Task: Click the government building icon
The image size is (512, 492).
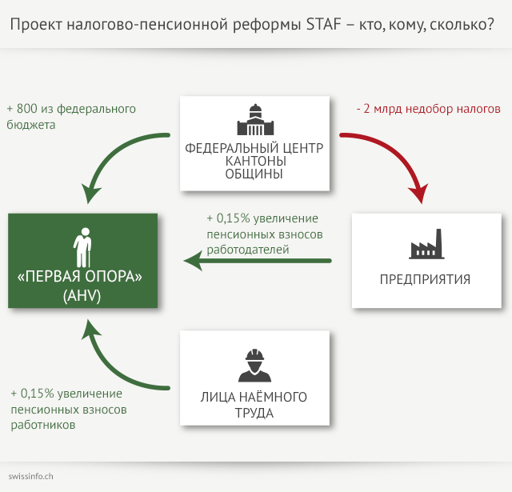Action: tap(254, 120)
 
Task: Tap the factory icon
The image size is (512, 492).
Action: tap(425, 245)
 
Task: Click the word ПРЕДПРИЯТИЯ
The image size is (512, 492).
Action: tap(425, 279)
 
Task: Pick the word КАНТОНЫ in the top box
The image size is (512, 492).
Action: tap(254, 161)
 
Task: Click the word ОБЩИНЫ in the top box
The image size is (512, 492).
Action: tap(254, 174)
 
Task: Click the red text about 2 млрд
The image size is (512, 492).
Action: tap(428, 109)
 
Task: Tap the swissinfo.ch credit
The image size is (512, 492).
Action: tap(31, 475)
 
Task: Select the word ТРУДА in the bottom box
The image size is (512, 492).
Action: tap(254, 414)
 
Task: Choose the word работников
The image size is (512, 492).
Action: tap(43, 425)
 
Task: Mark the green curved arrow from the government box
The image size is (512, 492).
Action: tap(120, 156)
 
